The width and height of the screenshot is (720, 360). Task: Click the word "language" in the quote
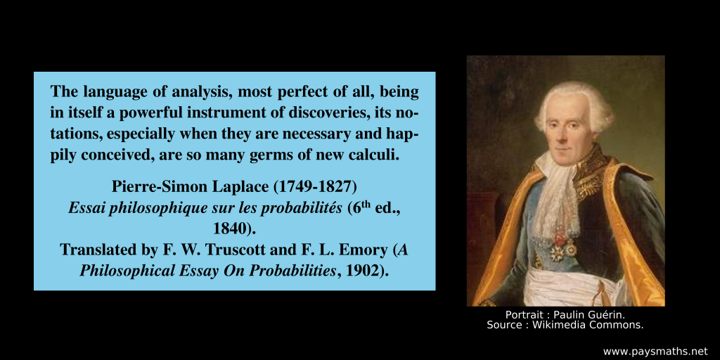[112, 91]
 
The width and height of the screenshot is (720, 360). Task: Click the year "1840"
[231, 229]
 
